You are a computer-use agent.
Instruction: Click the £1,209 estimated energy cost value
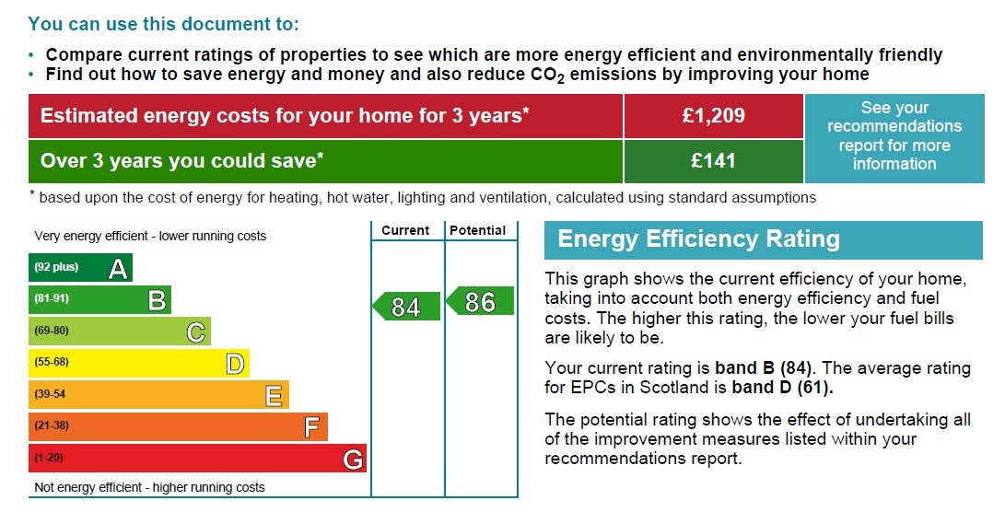point(713,116)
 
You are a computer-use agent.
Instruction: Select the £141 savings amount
point(713,161)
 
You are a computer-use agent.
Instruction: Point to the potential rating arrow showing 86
point(480,301)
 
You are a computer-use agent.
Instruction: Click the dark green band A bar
point(80,268)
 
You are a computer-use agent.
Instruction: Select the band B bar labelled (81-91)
point(99,299)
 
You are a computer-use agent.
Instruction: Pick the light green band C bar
point(119,331)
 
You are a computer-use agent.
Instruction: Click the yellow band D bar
point(138,363)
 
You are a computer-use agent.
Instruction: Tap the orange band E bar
point(158,394)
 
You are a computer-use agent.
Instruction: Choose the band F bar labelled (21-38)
point(178,426)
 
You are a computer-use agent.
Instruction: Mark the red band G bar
point(197,458)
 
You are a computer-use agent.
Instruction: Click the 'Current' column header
point(405,230)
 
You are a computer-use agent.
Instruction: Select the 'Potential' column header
point(478,230)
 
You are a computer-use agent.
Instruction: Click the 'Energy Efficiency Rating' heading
point(699,240)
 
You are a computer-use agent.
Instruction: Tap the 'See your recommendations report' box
point(894,136)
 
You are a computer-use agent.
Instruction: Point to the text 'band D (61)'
point(782,387)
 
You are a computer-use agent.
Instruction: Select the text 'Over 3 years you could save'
point(181,161)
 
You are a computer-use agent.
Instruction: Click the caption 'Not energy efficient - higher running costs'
point(149,487)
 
